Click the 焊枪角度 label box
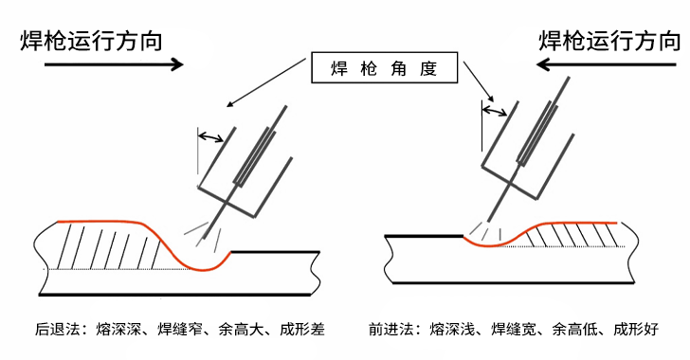tap(385, 67)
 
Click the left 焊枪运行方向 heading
tap(92, 42)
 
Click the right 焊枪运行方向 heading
tap(610, 42)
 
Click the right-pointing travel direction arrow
tap(114, 64)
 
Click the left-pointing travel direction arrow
tap(607, 64)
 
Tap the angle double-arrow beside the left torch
tap(210, 137)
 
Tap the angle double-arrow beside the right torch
tap(495, 111)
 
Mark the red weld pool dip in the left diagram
tap(200, 269)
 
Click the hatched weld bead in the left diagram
tap(110, 245)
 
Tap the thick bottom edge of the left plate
tap(175, 294)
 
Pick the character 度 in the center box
tap(427, 68)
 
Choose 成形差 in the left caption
tap(301, 329)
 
